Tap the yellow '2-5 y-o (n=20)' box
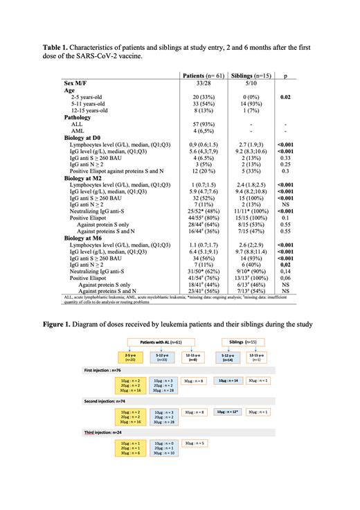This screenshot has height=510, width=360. [x=129, y=359]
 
